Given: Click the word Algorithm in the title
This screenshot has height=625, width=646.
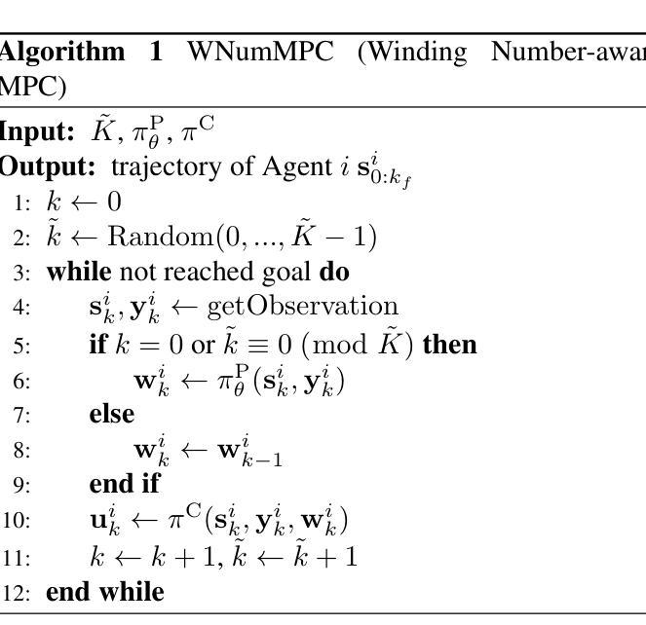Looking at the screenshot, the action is click(60, 53).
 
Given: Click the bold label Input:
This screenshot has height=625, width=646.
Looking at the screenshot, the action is click(37, 132).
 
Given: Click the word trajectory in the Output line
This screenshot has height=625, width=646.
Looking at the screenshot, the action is click(161, 166).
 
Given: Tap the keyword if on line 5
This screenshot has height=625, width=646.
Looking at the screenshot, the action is click(96, 344).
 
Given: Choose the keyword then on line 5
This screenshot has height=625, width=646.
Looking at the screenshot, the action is click(449, 344).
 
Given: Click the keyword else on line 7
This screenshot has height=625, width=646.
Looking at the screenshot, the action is click(111, 414).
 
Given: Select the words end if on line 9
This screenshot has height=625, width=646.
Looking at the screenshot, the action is click(124, 484).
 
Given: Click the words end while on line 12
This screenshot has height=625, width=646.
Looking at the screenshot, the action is click(105, 591).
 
